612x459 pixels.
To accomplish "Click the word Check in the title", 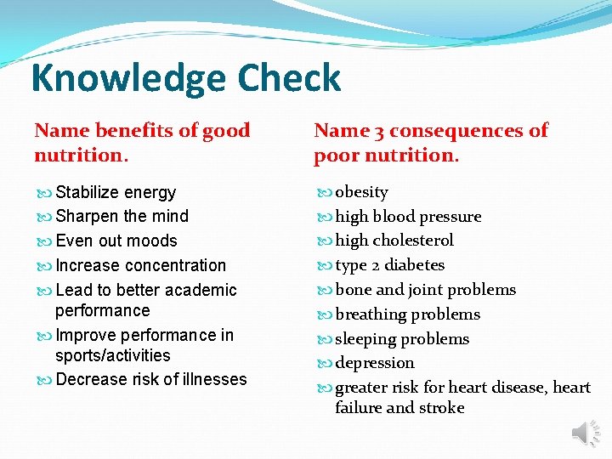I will pyautogui.click(x=289, y=78).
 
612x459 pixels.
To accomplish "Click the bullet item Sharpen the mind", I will pyautogui.click(x=122, y=216).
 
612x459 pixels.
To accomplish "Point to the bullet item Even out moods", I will pyautogui.click(x=116, y=241).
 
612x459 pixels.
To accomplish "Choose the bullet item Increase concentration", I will pyautogui.click(x=140, y=265).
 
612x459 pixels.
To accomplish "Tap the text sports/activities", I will pyautogui.click(x=112, y=355).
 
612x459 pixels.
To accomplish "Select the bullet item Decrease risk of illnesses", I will pyautogui.click(x=150, y=379).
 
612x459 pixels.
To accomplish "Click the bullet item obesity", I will pyautogui.click(x=361, y=192).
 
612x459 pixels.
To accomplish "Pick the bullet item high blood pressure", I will pyautogui.click(x=408, y=217).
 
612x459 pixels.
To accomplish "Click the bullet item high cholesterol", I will pyautogui.click(x=394, y=241).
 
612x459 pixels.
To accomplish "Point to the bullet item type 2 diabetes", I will pyautogui.click(x=389, y=265).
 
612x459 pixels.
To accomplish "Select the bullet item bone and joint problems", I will pyautogui.click(x=425, y=290).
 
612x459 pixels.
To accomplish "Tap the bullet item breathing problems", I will pyautogui.click(x=407, y=314).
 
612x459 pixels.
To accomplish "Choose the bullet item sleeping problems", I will pyautogui.click(x=401, y=338).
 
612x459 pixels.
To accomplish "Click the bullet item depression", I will pyautogui.click(x=374, y=363).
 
